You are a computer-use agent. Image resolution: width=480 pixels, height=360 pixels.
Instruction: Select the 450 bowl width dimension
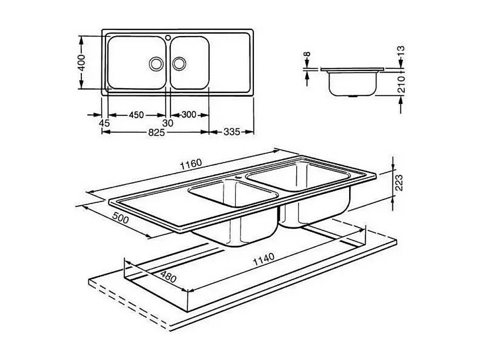click(x=136, y=115)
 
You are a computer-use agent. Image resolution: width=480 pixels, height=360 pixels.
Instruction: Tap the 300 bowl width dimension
click(x=189, y=115)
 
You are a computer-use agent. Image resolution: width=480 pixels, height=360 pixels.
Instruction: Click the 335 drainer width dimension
click(x=232, y=132)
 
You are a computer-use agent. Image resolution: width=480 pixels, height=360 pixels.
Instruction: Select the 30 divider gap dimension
click(x=168, y=123)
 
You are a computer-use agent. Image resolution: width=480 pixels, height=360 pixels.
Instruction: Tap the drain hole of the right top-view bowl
click(x=179, y=63)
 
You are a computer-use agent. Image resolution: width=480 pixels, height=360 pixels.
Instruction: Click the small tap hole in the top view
click(x=168, y=37)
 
